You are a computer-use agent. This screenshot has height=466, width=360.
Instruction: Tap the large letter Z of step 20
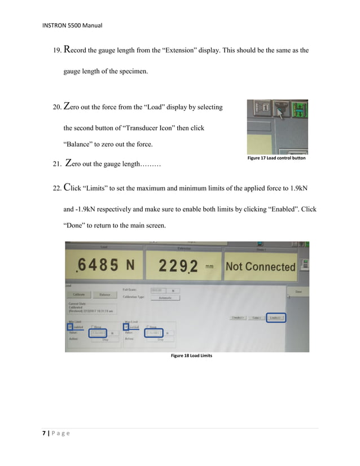click(x=68, y=106)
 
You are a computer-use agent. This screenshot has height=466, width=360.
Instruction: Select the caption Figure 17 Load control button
click(x=276, y=159)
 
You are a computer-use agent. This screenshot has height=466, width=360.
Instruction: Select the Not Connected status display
click(x=260, y=266)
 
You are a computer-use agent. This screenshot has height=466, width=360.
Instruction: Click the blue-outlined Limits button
click(x=276, y=318)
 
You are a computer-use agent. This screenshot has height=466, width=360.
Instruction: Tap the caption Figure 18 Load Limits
click(x=191, y=356)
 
